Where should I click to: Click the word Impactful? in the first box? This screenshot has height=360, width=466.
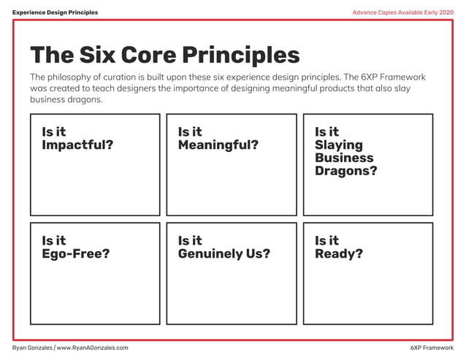click(x=77, y=145)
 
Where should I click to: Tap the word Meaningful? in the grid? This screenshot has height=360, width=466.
click(x=218, y=145)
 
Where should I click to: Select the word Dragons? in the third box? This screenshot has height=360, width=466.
click(x=346, y=172)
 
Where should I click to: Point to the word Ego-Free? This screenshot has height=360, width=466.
click(x=76, y=254)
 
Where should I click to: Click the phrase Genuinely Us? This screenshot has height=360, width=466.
click(x=224, y=254)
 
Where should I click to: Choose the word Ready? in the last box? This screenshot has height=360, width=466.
click(x=339, y=254)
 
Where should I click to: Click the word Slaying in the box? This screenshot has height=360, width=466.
click(x=339, y=145)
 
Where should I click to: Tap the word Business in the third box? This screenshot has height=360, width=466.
click(x=344, y=158)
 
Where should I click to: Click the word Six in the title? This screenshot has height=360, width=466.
click(x=98, y=55)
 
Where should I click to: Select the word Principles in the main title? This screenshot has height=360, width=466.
click(x=240, y=55)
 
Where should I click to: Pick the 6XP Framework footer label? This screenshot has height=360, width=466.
click(x=432, y=348)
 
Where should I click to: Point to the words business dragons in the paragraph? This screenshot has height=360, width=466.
click(x=66, y=100)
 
